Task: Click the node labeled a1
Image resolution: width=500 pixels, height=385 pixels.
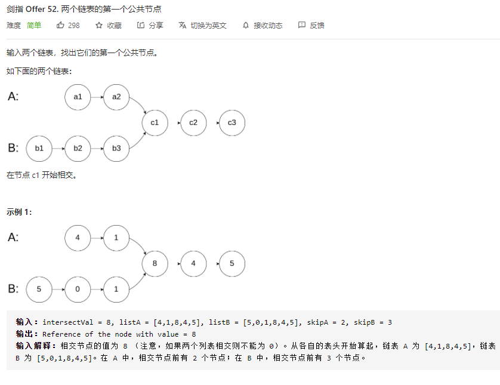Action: click(x=78, y=97)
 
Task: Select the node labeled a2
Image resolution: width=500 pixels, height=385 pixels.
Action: click(x=116, y=97)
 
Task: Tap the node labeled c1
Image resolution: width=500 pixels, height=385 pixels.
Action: click(x=155, y=123)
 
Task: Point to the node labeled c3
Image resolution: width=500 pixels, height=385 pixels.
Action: click(x=232, y=123)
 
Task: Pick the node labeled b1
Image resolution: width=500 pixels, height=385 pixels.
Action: click(x=39, y=149)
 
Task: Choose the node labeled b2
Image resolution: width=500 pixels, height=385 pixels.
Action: click(x=78, y=149)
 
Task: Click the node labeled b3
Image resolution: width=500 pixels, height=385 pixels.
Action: click(x=116, y=149)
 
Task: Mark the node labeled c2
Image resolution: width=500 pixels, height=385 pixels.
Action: click(x=193, y=123)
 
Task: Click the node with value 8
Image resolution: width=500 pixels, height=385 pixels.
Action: click(x=155, y=264)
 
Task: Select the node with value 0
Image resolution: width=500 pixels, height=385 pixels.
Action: click(x=78, y=289)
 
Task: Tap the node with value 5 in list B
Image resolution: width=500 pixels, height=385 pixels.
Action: click(x=39, y=289)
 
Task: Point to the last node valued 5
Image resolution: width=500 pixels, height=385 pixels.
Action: click(x=232, y=264)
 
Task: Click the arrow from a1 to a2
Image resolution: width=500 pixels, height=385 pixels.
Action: click(x=97, y=97)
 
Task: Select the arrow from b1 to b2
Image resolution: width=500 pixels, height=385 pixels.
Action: click(x=58, y=149)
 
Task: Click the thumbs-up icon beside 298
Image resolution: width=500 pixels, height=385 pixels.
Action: click(x=60, y=26)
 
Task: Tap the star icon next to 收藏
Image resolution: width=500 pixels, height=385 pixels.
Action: click(x=99, y=26)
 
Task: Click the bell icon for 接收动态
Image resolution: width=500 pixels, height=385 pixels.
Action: click(x=245, y=26)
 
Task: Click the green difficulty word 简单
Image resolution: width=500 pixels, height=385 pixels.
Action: click(x=34, y=26)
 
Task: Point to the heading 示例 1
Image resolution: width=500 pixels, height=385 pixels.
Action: click(x=19, y=212)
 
